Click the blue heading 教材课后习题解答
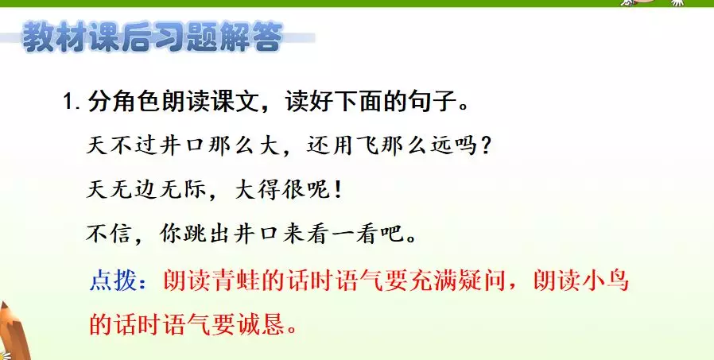click(x=153, y=37)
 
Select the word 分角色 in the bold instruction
click(x=118, y=101)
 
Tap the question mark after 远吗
click(x=485, y=146)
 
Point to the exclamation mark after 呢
click(x=337, y=190)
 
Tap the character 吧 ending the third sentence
click(x=393, y=234)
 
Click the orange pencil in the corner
click(x=13, y=332)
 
